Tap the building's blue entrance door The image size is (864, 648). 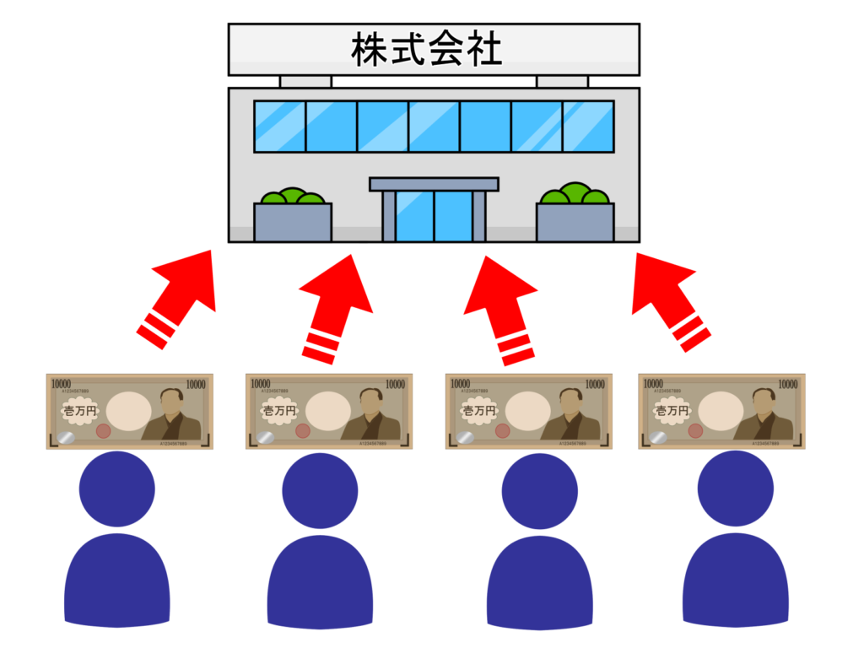(x=434, y=216)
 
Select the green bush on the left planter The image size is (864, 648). (x=292, y=197)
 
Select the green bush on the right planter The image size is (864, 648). (x=575, y=196)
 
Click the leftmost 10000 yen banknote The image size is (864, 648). (x=129, y=411)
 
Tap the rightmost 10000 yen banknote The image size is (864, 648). (x=721, y=411)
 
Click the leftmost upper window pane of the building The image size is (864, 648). (x=279, y=127)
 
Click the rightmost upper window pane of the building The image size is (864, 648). (x=587, y=127)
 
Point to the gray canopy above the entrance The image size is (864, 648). (x=434, y=184)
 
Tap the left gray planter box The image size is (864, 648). (x=292, y=222)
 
